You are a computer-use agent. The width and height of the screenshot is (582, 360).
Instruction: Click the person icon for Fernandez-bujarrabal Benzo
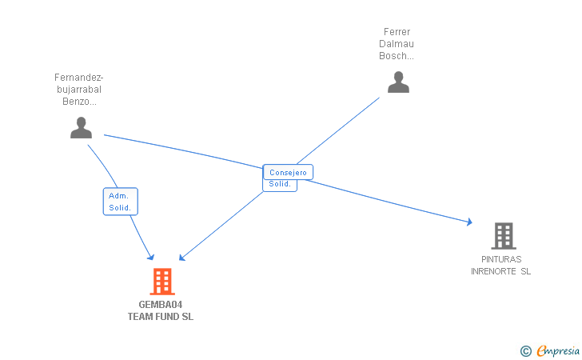coord(81,127)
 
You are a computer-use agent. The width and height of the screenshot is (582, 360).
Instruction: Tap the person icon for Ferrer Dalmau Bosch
coord(398,82)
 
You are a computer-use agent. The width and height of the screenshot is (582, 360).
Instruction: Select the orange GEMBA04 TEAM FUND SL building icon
coord(161,282)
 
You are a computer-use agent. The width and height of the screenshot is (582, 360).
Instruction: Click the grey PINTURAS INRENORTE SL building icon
coord(503,236)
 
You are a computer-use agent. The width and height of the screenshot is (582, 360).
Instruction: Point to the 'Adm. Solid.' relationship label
coord(121,202)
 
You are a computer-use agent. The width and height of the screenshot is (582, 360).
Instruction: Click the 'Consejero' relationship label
coord(288,172)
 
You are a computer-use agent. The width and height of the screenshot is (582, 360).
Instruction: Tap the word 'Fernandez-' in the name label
coord(79,78)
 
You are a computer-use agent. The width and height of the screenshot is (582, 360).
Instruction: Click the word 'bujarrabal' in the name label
coord(79,90)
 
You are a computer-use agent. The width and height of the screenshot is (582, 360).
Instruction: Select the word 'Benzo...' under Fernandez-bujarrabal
coord(79,102)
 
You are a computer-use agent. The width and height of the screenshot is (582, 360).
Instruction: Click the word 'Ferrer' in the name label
coord(397,32)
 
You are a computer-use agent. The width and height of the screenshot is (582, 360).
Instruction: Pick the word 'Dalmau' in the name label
coord(397,44)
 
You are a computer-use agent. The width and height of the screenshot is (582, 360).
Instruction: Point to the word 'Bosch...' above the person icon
coord(397,56)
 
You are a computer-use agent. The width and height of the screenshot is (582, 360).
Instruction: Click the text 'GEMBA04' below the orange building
coord(160,305)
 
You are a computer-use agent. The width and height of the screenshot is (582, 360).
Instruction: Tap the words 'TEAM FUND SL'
coord(160,317)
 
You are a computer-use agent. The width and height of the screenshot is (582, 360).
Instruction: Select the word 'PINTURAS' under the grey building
coord(501,259)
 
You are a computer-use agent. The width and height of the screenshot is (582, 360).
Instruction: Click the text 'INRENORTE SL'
coord(501,271)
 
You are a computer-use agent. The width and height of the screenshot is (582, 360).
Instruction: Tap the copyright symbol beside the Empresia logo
coord(525,350)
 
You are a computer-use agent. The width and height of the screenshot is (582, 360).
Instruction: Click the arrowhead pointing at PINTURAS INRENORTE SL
coord(469,222)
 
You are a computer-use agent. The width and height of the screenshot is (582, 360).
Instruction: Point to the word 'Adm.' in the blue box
coord(118,196)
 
